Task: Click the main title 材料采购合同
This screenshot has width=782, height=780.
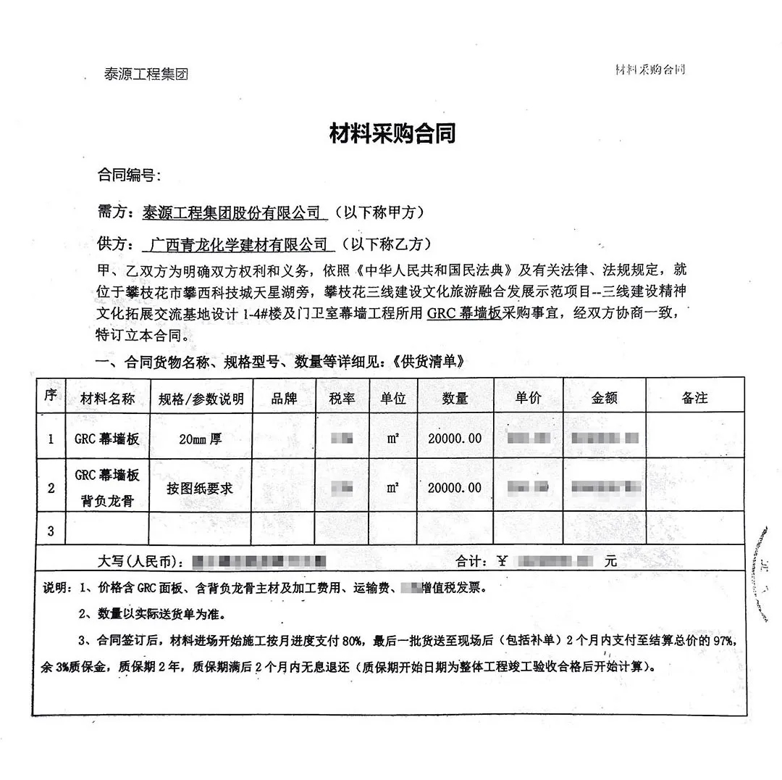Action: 392,133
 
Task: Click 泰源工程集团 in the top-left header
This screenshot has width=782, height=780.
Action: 146,74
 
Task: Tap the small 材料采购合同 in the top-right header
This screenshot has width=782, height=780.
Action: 649,70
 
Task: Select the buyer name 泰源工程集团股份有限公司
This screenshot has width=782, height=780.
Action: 232,212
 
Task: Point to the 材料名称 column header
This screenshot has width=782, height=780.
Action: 107,398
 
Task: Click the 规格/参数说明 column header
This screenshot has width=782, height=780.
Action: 201,399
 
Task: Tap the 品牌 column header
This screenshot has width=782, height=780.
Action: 284,398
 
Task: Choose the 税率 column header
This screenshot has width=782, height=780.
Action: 342,398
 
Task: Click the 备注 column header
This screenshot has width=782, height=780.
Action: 694,398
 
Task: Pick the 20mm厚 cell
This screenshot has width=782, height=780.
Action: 201,439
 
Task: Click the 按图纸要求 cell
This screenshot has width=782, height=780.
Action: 200,488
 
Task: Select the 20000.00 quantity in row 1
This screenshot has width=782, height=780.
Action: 455,439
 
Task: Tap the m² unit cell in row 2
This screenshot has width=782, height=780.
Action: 392,488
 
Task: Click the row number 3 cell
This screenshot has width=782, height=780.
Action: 51,531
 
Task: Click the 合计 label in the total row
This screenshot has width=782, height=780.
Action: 471,561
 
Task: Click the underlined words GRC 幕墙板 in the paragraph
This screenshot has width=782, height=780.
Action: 464,314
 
